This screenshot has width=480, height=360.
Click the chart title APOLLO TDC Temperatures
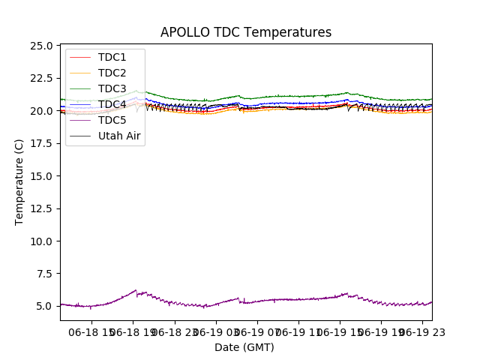[x=246, y=32]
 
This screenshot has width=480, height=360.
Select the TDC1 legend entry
[x=112, y=57]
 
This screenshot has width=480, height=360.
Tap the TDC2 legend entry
[x=112, y=73]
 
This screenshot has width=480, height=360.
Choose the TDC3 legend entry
[x=112, y=88]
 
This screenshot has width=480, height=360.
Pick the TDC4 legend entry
[x=112, y=104]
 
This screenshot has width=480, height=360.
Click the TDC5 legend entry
[x=112, y=120]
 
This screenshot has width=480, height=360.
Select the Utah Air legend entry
[x=119, y=136]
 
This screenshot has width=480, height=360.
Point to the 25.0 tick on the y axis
[x=42, y=46]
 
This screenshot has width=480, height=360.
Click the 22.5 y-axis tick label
[x=42, y=78]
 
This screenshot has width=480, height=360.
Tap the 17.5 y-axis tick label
[x=42, y=143]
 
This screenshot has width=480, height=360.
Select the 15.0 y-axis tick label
[x=42, y=176]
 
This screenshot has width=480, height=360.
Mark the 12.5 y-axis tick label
[x=42, y=208]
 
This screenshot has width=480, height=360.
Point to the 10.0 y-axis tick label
[x=42, y=241]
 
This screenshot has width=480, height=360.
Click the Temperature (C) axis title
[x=19, y=181]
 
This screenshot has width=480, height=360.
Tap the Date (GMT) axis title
[x=244, y=347]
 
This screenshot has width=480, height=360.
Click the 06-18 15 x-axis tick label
[x=91, y=331]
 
